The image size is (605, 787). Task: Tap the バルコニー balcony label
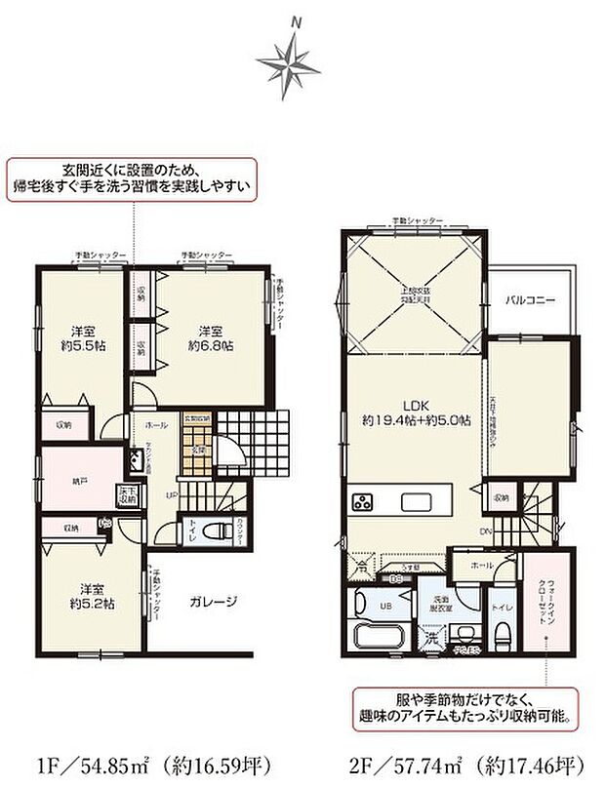(x=530, y=300)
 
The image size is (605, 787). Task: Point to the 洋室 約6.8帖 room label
(x=212, y=336)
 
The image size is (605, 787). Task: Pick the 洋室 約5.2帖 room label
(x=96, y=595)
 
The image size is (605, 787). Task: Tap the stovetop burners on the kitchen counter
(x=364, y=503)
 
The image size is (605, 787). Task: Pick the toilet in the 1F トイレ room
(x=196, y=533)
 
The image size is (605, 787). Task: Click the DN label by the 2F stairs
(x=485, y=531)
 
